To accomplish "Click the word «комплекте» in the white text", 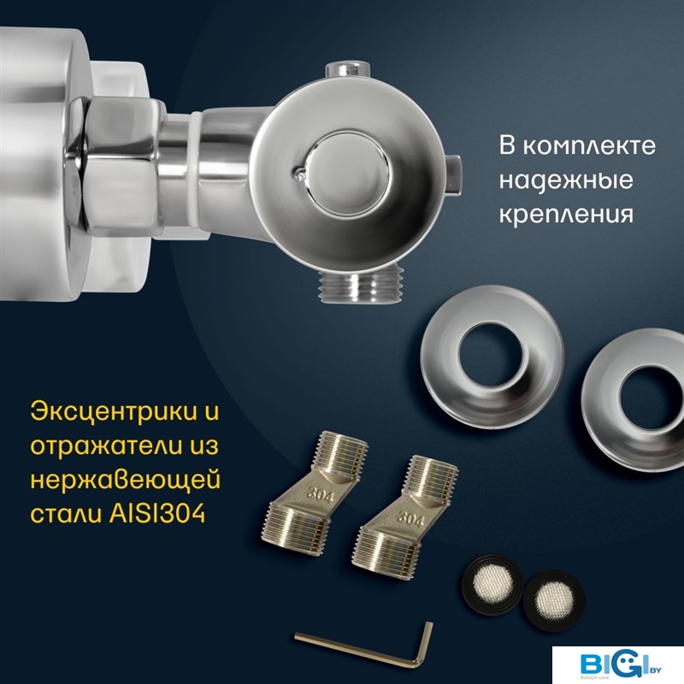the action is click(589, 146).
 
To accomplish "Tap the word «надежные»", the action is click(566, 180).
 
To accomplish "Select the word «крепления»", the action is click(566, 215).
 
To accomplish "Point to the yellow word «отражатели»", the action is click(103, 446).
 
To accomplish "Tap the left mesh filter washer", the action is click(492, 583).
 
